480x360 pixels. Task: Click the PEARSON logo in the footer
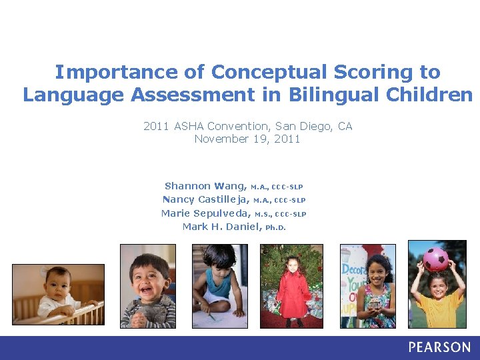pyautogui.click(x=439, y=347)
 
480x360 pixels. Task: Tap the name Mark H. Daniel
pyautogui.click(x=222, y=227)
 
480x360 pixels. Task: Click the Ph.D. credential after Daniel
pyautogui.click(x=275, y=227)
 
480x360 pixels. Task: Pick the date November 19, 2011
pyautogui.click(x=247, y=139)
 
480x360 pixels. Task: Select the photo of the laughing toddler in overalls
pyautogui.click(x=148, y=286)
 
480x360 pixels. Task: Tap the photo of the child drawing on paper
pyautogui.click(x=220, y=286)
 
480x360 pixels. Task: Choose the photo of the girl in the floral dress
pyautogui.click(x=369, y=286)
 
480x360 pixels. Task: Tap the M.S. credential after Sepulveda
pyautogui.click(x=263, y=214)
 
